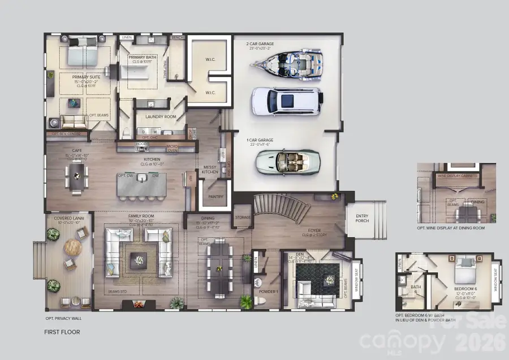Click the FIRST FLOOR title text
point(62,332)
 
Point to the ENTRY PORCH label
point(362,218)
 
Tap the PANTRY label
point(215,197)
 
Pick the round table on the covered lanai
point(73,247)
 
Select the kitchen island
point(141,184)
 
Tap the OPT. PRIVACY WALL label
point(65,318)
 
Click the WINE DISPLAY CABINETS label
point(458,176)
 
